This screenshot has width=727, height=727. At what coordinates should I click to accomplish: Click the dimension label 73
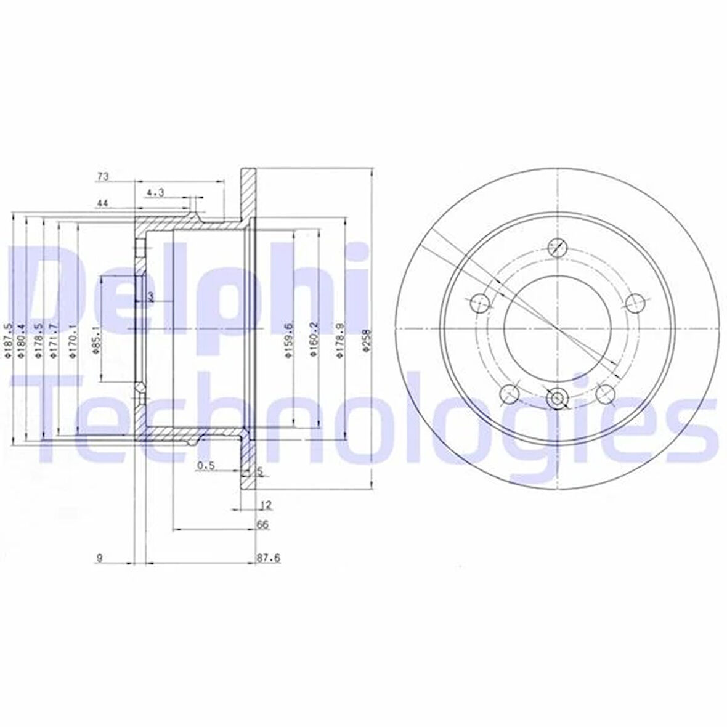pyautogui.click(x=102, y=177)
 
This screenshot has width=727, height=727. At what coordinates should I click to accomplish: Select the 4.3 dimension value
pyautogui.click(x=155, y=193)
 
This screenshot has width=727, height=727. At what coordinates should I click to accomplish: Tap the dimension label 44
pyautogui.click(x=102, y=202)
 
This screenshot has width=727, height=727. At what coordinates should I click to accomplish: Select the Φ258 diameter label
pyautogui.click(x=366, y=339)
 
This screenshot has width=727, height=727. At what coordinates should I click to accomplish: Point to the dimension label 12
pyautogui.click(x=266, y=505)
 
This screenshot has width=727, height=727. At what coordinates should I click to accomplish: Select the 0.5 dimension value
pyautogui.click(x=205, y=466)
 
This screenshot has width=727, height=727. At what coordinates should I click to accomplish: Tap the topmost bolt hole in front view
pyautogui.click(x=556, y=247)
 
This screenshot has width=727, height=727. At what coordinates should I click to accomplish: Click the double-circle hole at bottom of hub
pyautogui.click(x=556, y=398)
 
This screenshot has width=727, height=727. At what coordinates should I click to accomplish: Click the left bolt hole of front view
pyautogui.click(x=479, y=303)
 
